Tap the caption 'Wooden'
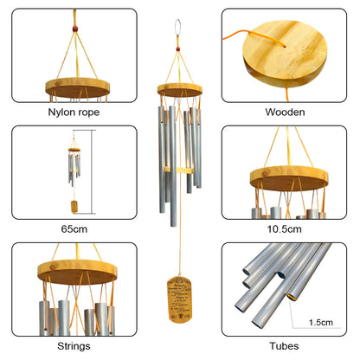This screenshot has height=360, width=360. [285, 112]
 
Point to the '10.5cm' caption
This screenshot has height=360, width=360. [285, 229]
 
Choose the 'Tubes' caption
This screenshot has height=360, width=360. [285, 345]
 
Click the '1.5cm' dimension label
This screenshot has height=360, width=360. [320, 321]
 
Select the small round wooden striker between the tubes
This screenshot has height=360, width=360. [179, 170]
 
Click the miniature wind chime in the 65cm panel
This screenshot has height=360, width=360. [72, 170]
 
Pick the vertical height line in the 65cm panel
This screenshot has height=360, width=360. [92, 173]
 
